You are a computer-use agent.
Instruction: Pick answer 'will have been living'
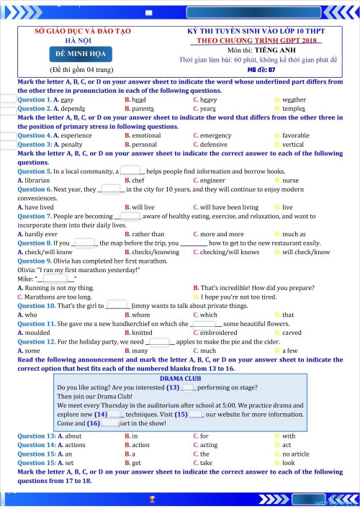(230, 207)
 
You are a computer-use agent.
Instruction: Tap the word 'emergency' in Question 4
(216, 135)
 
